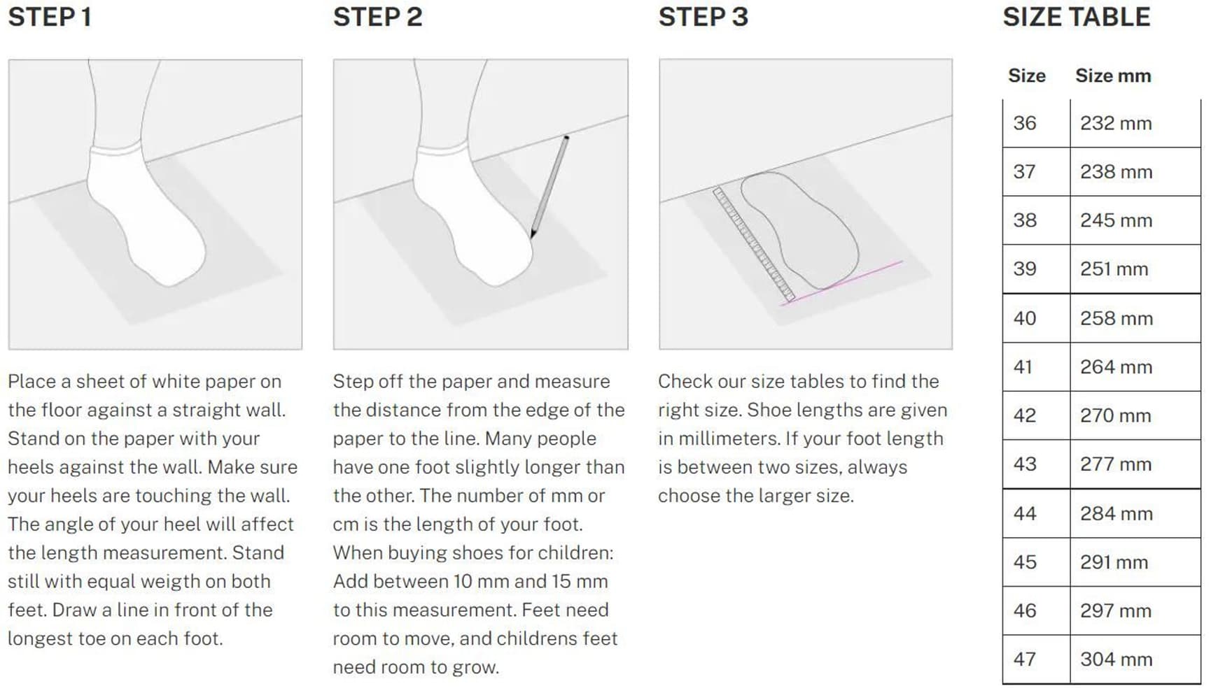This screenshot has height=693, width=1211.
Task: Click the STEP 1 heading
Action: coord(50,17)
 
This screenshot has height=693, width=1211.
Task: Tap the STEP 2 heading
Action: coord(378,17)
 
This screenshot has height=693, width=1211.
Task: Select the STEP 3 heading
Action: coord(703,17)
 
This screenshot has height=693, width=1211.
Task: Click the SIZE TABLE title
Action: coord(1077,17)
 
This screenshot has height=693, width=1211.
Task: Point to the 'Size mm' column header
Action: coord(1113,76)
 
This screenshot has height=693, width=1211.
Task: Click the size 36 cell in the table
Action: coord(1025,123)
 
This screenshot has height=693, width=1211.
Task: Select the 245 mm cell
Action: coord(1116,220)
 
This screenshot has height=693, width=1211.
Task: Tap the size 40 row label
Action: coord(1025,318)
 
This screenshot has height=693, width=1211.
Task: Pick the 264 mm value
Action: coord(1116,366)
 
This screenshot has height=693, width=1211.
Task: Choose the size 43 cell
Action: coord(1025,464)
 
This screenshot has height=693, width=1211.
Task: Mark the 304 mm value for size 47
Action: coord(1116,659)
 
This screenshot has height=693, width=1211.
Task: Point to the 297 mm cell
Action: coord(1116,610)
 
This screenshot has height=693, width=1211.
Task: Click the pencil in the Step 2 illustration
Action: coord(549,187)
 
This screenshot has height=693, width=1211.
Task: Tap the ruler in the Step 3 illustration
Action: coord(754,244)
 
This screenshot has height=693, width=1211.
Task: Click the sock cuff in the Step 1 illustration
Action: coord(115,149)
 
